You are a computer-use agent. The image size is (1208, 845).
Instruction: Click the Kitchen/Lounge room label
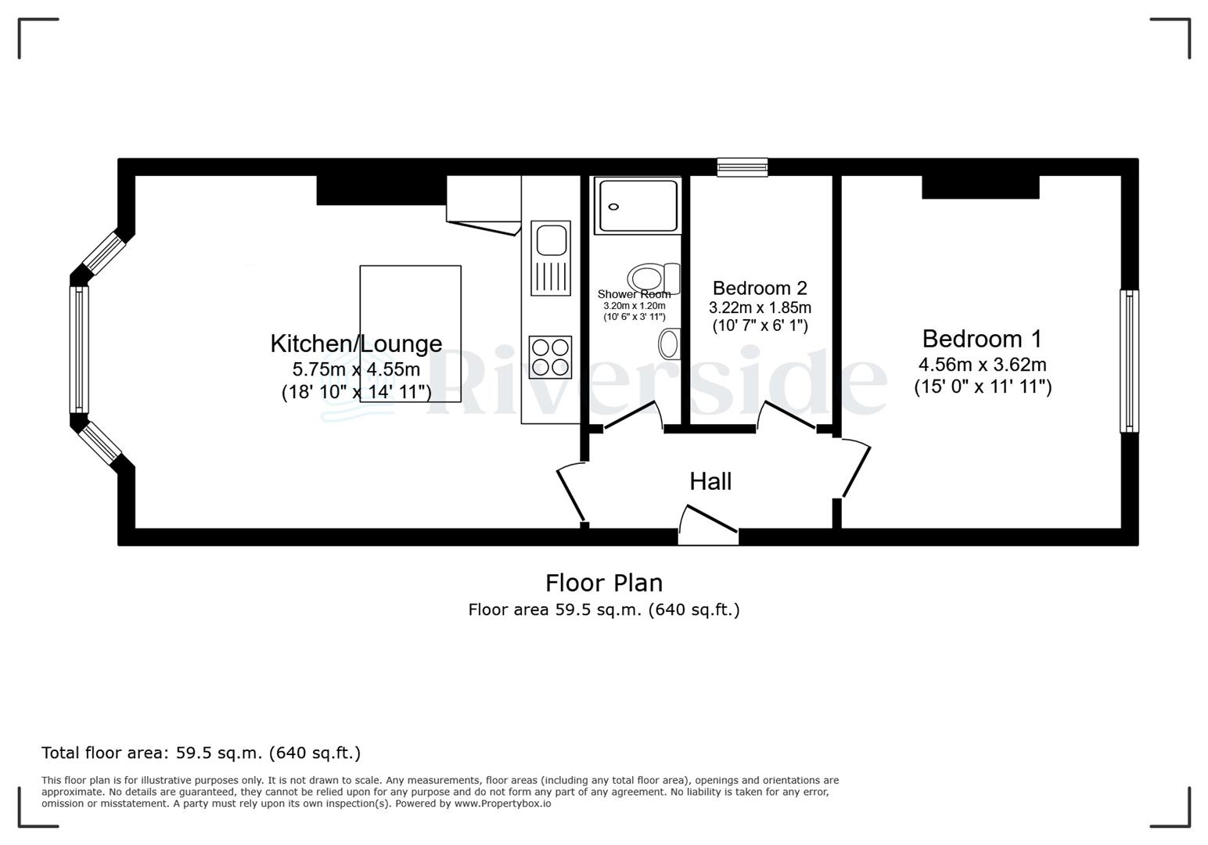click(x=356, y=343)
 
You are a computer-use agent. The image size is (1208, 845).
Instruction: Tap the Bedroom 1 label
click(x=982, y=339)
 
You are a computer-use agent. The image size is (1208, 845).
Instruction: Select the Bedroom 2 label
click(x=760, y=288)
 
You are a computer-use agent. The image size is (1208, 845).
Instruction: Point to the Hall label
click(x=710, y=481)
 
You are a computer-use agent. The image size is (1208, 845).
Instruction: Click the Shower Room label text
click(x=634, y=294)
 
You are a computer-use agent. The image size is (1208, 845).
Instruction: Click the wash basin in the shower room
click(x=670, y=343)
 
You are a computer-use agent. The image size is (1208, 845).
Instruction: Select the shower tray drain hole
click(x=614, y=207)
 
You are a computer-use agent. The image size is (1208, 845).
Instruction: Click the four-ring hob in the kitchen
click(x=550, y=357)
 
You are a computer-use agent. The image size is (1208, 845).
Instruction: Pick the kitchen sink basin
click(x=551, y=239)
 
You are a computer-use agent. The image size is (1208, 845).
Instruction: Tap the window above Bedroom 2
click(x=742, y=167)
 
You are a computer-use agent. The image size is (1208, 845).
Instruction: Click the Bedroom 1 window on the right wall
click(x=1129, y=361)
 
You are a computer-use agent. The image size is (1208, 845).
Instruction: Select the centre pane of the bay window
click(x=79, y=349)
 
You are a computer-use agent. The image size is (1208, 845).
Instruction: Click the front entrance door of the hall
click(x=708, y=527)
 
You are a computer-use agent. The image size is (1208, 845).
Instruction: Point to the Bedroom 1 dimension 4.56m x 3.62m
click(x=982, y=365)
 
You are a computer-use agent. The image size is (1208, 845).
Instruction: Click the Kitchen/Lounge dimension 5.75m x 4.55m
click(x=356, y=369)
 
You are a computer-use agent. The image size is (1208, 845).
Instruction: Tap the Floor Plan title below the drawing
click(x=603, y=583)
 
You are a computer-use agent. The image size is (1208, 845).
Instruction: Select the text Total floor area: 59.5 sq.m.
click(x=201, y=753)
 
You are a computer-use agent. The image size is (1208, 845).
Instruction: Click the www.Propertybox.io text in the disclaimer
click(x=502, y=804)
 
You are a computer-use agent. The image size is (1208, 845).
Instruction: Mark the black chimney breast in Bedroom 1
click(x=980, y=187)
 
